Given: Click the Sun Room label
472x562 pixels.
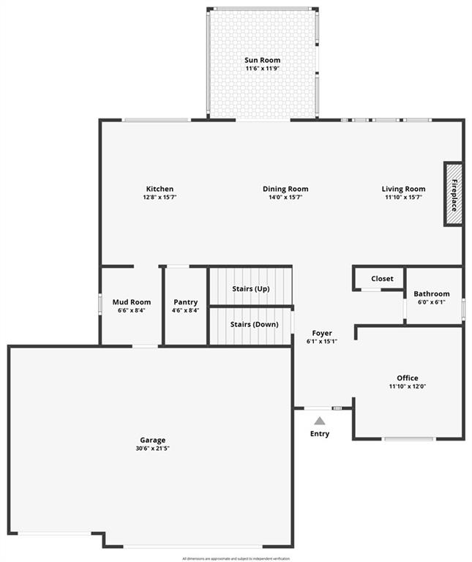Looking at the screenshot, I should coord(262,60).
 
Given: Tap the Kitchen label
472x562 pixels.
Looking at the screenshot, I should coord(160,189).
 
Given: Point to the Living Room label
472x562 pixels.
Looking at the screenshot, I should coord(403,189).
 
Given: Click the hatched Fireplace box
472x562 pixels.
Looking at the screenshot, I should coord(453,194).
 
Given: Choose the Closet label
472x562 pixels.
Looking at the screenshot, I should coord(382,279).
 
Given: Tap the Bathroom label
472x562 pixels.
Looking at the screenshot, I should coord(432,294).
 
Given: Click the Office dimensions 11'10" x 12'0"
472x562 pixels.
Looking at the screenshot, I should coord(408,386).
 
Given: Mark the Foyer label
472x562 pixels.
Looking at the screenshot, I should coord(322,332).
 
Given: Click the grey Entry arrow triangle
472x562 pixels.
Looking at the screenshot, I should coord(320,421).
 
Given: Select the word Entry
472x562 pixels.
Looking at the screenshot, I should coord(320,434).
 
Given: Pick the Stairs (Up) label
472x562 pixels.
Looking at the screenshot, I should coord(251,289).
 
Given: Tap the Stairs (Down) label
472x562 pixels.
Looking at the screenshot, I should coord(251,324).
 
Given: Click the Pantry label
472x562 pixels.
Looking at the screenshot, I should coord(186,302).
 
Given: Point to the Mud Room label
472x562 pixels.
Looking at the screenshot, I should coord(132,302).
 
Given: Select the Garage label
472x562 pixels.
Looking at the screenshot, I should coord(153,440).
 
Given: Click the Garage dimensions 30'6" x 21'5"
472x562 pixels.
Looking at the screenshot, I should coord(153,448).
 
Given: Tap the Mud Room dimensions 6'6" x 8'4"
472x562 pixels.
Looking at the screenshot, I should coord(132,310).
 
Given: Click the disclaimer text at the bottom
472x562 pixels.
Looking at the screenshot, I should coord(236,558).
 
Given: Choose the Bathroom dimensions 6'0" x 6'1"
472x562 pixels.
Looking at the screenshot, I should coord(432,302).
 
